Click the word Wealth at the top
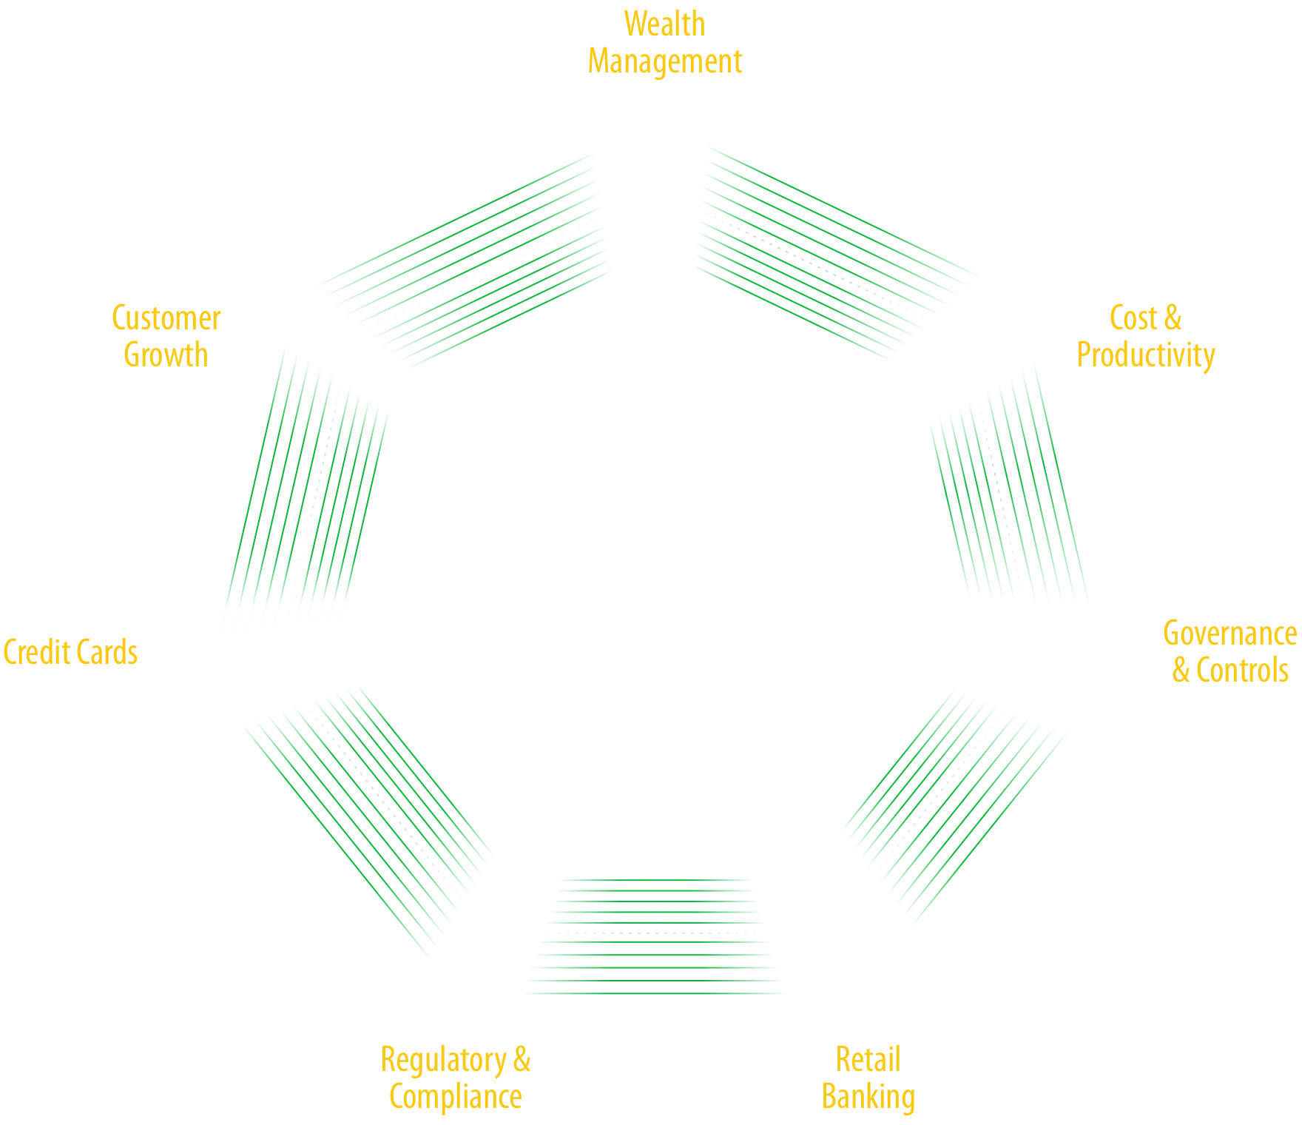pyautogui.click(x=664, y=23)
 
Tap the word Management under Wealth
pyautogui.click(x=665, y=61)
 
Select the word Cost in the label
pyautogui.click(x=1133, y=318)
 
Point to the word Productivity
pyautogui.click(x=1146, y=355)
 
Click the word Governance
pyautogui.click(x=1229, y=634)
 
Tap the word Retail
pyautogui.click(x=867, y=1058)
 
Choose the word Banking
pyautogui.click(x=868, y=1096)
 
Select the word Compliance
pyautogui.click(x=456, y=1096)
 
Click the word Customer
pyautogui.click(x=166, y=318)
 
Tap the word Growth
pyautogui.click(x=165, y=354)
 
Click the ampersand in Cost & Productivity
pyautogui.click(x=1173, y=318)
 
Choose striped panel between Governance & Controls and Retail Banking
pyautogui.click(x=954, y=807)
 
